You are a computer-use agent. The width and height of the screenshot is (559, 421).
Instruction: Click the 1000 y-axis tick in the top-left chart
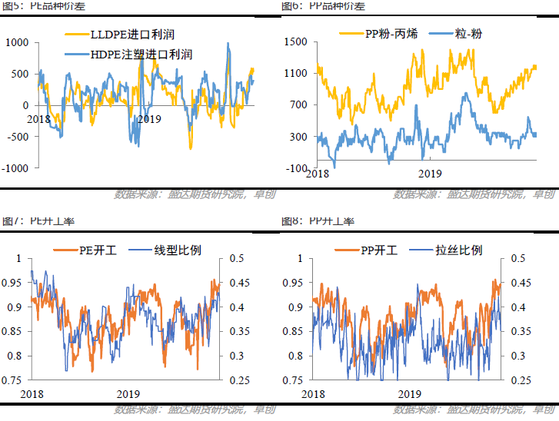tap(17, 43)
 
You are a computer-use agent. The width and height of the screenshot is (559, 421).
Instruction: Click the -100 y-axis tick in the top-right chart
tap(297, 168)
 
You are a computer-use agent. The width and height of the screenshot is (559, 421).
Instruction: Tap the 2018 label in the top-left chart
tap(38, 119)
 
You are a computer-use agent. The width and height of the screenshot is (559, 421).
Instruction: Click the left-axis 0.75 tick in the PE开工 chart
tap(15, 380)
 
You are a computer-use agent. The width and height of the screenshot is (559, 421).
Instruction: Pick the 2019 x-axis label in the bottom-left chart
tap(128, 393)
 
